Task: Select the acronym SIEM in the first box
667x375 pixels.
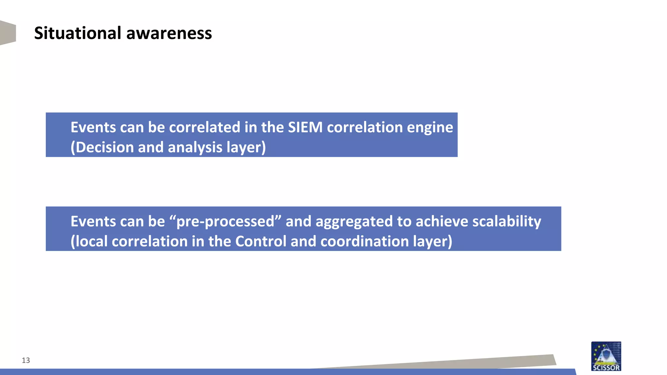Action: [x=305, y=127]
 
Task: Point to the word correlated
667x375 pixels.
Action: [x=205, y=127]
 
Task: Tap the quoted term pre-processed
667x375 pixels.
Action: [x=225, y=221]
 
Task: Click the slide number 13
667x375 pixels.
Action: [x=26, y=360]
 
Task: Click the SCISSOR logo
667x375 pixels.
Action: [x=606, y=356]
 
